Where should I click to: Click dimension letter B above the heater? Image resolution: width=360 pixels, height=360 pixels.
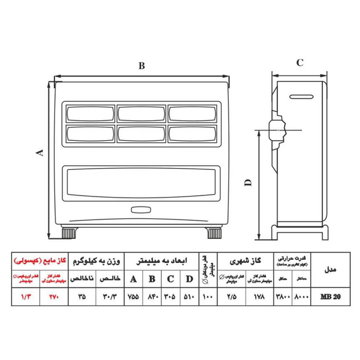(x=141, y=66)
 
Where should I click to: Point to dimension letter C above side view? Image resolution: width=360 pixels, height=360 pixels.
(x=300, y=63)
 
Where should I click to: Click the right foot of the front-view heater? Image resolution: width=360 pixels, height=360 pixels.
(x=214, y=233)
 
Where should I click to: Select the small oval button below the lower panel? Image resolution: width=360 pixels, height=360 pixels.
(x=141, y=210)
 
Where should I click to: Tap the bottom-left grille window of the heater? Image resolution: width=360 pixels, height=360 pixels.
(x=90, y=134)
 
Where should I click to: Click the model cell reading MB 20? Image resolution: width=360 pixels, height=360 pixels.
(x=330, y=297)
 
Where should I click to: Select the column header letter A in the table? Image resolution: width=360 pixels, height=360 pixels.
(x=133, y=279)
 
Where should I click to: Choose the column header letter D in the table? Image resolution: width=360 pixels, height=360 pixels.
(x=189, y=279)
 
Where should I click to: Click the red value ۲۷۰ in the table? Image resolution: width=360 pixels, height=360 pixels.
(x=54, y=297)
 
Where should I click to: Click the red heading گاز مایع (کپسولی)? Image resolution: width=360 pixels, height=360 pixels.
(x=40, y=261)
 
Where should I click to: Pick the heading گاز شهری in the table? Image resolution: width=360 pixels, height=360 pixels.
(x=245, y=261)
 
